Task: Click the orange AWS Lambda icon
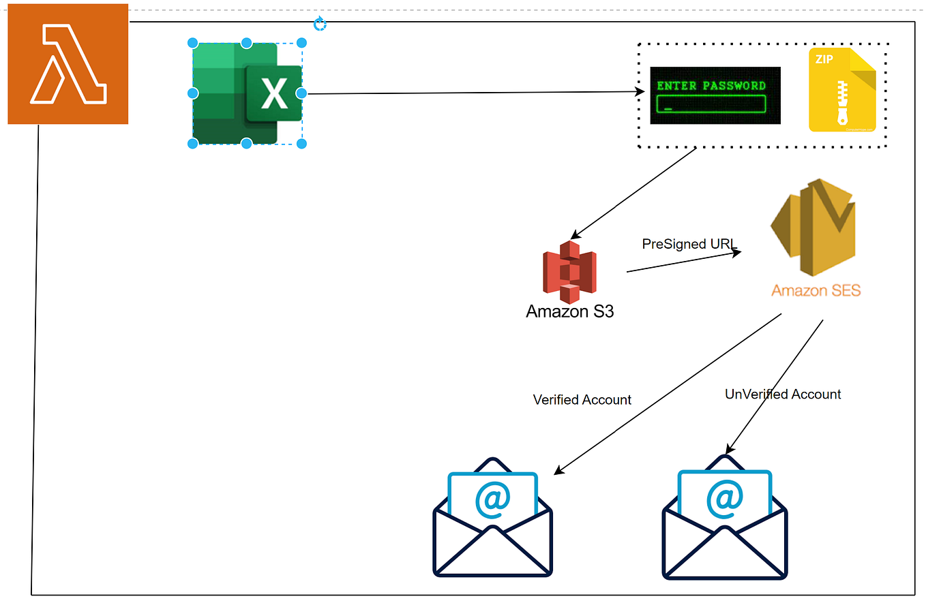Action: (68, 64)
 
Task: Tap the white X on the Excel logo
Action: (274, 94)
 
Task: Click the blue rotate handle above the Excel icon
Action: (320, 25)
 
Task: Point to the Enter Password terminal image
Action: (715, 95)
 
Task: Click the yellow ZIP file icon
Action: (842, 90)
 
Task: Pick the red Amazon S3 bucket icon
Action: (569, 272)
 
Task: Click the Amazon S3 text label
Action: (569, 312)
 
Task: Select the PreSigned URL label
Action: (690, 244)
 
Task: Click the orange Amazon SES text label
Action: (816, 291)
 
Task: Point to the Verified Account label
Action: (582, 400)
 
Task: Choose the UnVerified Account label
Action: (782, 395)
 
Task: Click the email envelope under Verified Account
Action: (492, 518)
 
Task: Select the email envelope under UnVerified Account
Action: (724, 518)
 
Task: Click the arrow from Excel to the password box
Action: (471, 93)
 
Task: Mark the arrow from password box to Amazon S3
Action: (634, 192)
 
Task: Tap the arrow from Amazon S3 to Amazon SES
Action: (682, 262)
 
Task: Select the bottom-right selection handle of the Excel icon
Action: (301, 143)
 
